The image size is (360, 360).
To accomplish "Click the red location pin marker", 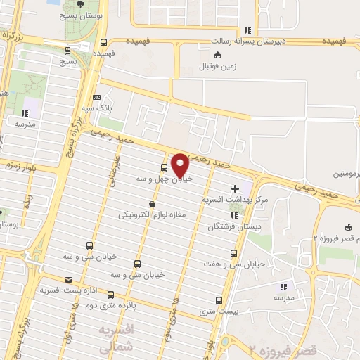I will pyautogui.click(x=180, y=165).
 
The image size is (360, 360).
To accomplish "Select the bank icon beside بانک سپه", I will pyautogui.click(x=96, y=98).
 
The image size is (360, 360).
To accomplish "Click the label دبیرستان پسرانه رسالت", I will pyautogui.click(x=247, y=42).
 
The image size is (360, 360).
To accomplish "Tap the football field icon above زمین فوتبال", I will pyautogui.click(x=217, y=55).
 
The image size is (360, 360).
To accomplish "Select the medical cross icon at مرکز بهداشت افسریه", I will pyautogui.click(x=235, y=188).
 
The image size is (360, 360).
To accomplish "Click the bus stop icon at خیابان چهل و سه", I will pyautogui.click(x=164, y=168).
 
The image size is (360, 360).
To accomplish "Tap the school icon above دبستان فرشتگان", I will pyautogui.click(x=234, y=214).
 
